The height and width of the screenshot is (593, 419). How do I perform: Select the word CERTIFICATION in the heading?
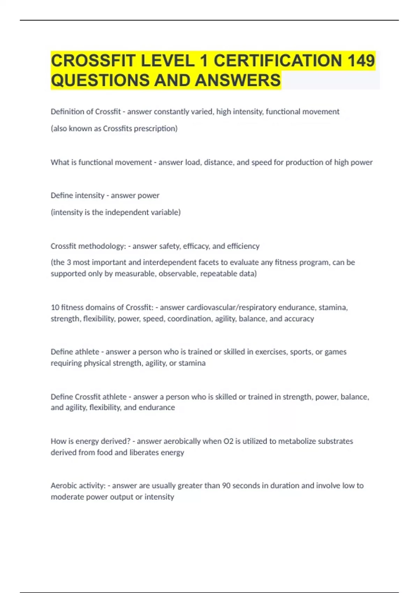tap(278, 61)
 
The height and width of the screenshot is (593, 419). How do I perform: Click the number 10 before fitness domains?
tap(55, 307)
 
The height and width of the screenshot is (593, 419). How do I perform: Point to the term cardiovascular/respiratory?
tap(231, 307)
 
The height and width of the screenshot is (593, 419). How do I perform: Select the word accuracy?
tap(299, 318)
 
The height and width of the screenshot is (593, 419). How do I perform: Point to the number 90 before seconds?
tap(226, 486)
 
